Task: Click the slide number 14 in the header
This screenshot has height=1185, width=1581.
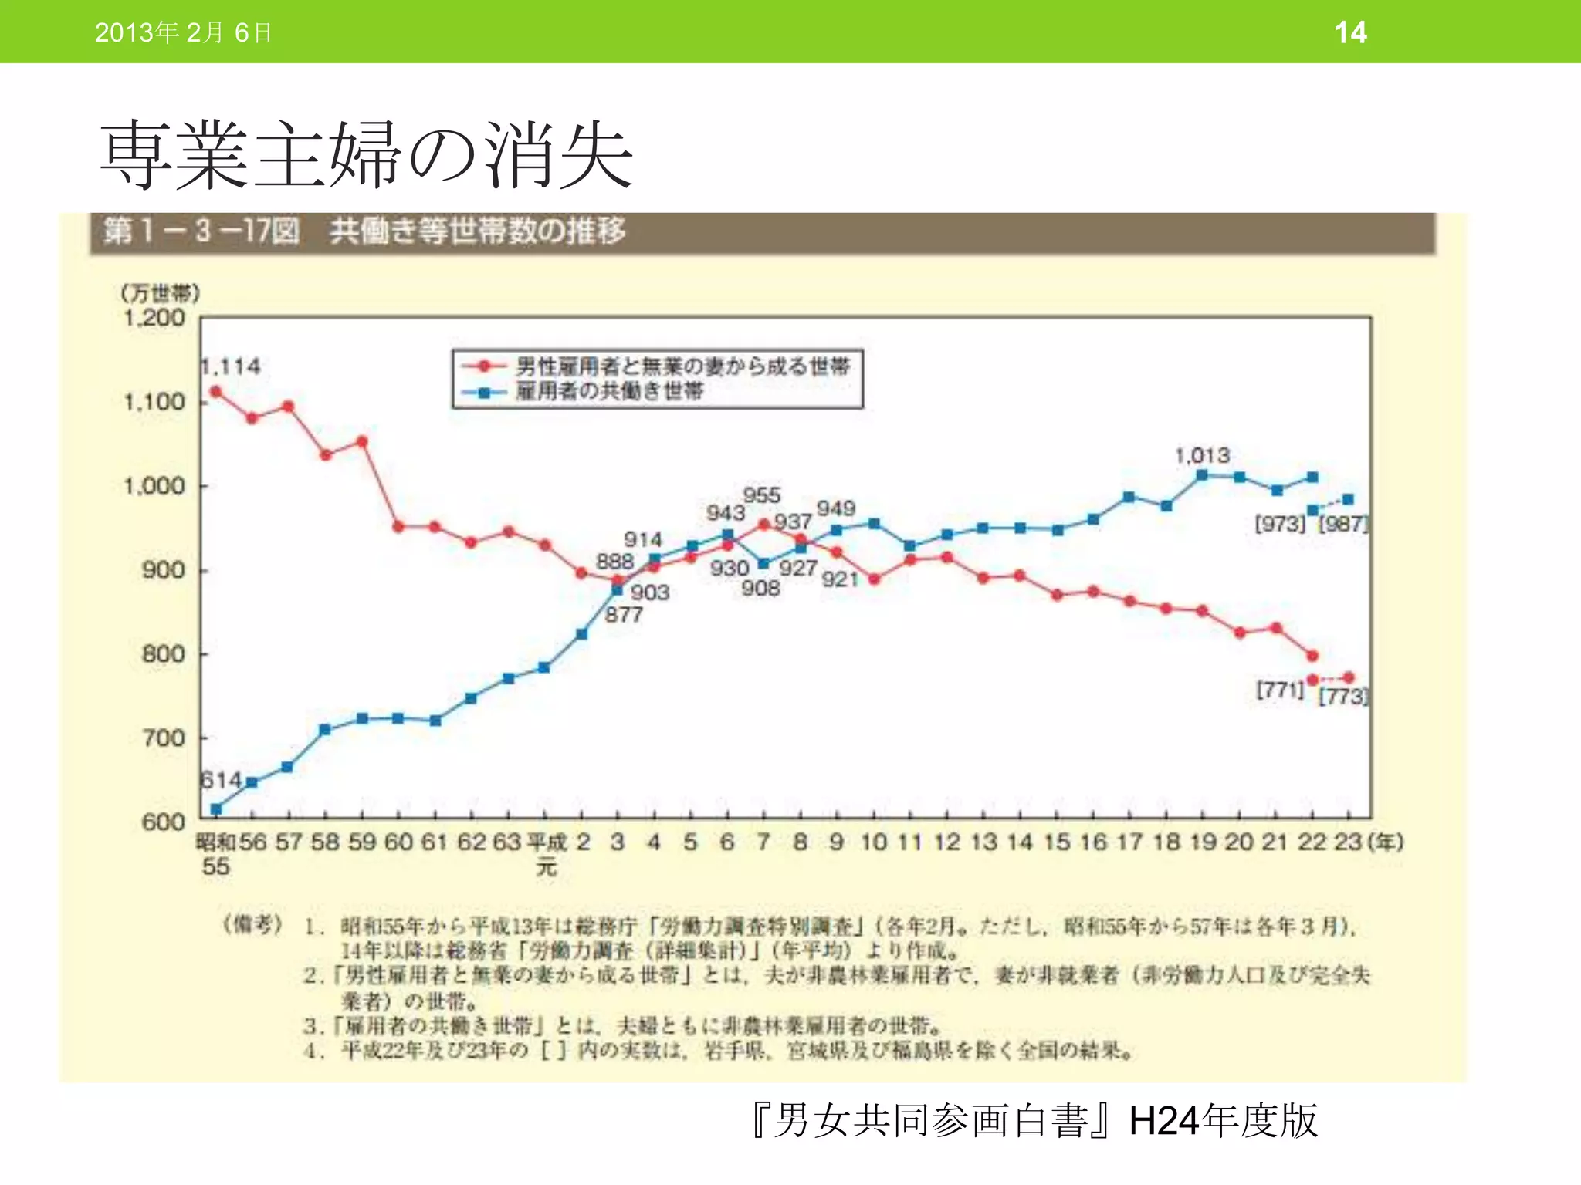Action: tap(1350, 32)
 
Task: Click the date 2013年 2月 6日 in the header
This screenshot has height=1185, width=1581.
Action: tap(183, 32)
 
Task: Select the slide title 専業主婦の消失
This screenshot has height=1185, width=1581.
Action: tap(367, 155)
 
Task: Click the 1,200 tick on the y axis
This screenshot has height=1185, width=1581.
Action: tap(154, 318)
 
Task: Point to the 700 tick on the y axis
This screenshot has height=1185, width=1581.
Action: tap(163, 738)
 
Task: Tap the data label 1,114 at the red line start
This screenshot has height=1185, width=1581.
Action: tap(231, 366)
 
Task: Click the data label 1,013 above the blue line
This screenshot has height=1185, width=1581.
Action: tap(1202, 456)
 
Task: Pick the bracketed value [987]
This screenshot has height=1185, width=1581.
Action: tap(1343, 525)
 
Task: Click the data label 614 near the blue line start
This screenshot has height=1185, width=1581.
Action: tap(221, 780)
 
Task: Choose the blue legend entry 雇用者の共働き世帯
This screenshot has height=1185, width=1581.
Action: tap(610, 391)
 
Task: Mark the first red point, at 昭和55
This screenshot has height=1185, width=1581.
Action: tap(216, 392)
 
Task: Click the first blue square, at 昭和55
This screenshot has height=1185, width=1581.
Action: tap(216, 809)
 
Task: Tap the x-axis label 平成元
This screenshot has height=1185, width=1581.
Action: tap(547, 853)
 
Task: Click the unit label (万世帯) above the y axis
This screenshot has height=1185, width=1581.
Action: tap(160, 293)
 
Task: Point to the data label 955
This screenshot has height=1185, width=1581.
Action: tap(761, 495)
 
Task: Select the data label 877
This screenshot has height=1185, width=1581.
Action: tap(624, 615)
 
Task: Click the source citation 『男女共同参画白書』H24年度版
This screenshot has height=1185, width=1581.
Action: tap(1034, 1121)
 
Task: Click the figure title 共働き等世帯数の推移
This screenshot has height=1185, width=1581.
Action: tap(477, 231)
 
